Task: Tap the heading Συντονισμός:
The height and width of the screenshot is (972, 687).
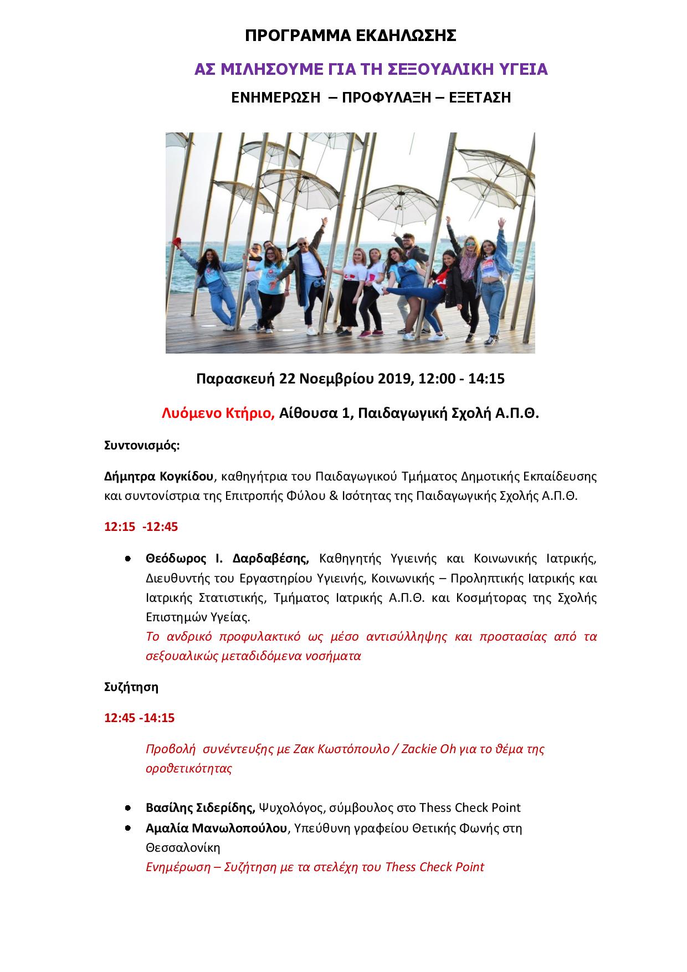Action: [142, 446]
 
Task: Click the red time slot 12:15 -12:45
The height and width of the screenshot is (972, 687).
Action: [141, 526]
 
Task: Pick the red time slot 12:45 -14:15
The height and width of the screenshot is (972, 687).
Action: [140, 718]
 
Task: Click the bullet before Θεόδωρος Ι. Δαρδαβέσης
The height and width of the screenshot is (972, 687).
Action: [127, 559]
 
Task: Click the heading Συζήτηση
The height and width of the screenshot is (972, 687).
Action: [131, 688]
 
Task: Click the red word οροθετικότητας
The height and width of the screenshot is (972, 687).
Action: [189, 769]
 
